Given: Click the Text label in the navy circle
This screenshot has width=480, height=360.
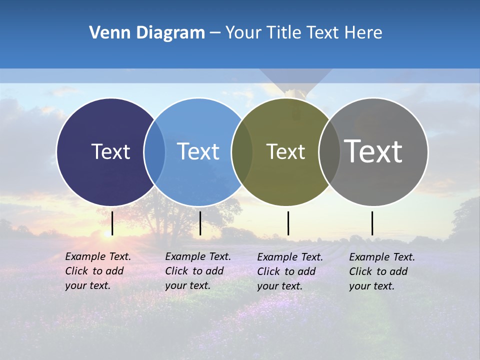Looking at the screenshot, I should pos(110,151).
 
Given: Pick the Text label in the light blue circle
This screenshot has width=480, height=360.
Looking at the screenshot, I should pos(198,151).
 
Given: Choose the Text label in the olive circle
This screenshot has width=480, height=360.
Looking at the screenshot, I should pos(285,151).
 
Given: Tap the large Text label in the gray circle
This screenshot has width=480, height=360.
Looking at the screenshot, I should pos(373,151).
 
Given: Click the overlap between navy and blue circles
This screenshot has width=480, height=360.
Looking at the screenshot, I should pos(154,151).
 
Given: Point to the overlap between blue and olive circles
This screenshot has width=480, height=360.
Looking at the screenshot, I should pos(242,151).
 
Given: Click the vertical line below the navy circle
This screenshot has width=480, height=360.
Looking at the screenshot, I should pos(112,223).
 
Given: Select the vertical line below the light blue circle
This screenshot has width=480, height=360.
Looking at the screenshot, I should pos(200,223).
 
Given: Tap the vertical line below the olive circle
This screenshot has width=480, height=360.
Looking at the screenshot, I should pos(288,223).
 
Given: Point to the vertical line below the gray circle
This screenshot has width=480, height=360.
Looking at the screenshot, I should pos(372,223).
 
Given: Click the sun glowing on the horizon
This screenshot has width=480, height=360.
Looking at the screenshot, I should pos(107,233).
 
